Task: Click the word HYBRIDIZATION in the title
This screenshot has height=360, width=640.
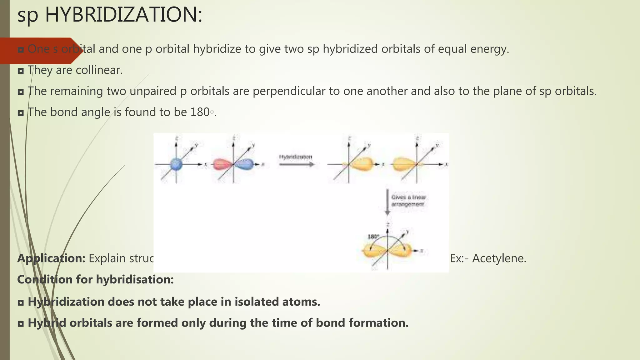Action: [x=124, y=15]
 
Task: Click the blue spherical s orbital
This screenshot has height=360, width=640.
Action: [x=176, y=164]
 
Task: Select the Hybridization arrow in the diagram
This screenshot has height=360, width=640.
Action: [x=296, y=164]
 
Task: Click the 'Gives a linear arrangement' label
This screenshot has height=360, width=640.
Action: [x=408, y=201]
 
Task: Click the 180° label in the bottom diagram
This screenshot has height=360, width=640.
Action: [x=373, y=237]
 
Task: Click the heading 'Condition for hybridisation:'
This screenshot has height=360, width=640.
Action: [x=95, y=279]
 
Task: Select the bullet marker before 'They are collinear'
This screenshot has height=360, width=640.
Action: [x=21, y=71]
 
